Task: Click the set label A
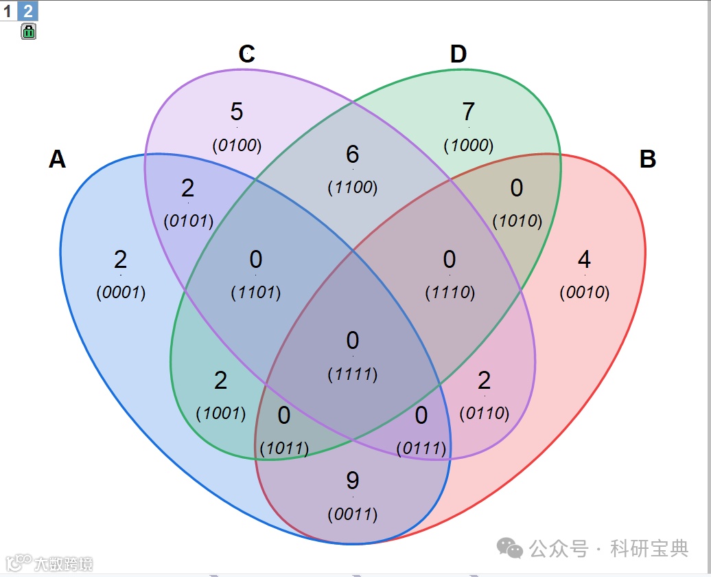pyautogui.click(x=58, y=159)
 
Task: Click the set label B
pyautogui.click(x=647, y=159)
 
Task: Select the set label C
pyautogui.click(x=247, y=54)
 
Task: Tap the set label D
pyautogui.click(x=458, y=54)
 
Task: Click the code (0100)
pyautogui.click(x=237, y=146)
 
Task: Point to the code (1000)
pyautogui.click(x=469, y=146)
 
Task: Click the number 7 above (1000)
pyautogui.click(x=469, y=111)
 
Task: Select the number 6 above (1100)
pyautogui.click(x=353, y=154)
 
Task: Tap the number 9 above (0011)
pyautogui.click(x=353, y=481)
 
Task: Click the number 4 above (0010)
pyautogui.click(x=584, y=260)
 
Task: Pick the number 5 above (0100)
pyautogui.click(x=237, y=111)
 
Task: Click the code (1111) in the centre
pyautogui.click(x=353, y=374)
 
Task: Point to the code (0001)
pyautogui.click(x=121, y=293)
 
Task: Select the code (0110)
pyautogui.click(x=484, y=414)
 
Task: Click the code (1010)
pyautogui.click(x=517, y=221)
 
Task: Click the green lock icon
pyautogui.click(x=29, y=31)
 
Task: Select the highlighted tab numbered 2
pyautogui.click(x=28, y=10)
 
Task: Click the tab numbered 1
pyautogui.click(x=8, y=10)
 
